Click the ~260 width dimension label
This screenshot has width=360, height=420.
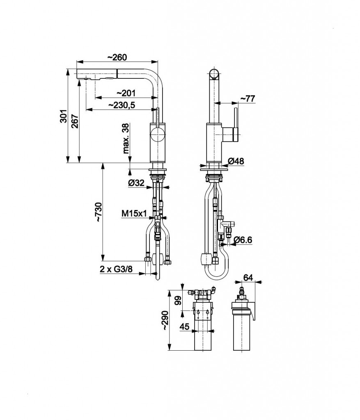tap(117, 57)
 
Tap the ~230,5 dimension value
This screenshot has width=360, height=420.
tap(122, 105)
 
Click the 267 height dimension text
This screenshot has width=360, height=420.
tap(75, 121)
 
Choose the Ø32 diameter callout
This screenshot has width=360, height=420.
tap(136, 183)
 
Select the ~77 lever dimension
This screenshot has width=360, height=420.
tap(248, 98)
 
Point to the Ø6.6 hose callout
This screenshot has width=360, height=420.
tap(242, 240)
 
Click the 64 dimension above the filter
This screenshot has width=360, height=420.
tap(248, 278)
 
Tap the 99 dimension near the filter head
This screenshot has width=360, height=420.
tap(178, 300)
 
